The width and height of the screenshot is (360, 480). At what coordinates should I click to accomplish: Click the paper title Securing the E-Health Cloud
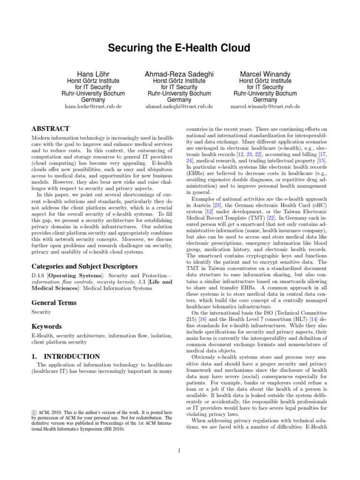coord(180,48)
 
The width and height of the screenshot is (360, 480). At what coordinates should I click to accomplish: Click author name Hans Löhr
coord(94,74)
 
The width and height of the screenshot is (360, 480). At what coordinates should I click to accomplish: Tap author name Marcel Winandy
coord(265,74)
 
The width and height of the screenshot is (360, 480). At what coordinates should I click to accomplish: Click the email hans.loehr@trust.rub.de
coord(93,106)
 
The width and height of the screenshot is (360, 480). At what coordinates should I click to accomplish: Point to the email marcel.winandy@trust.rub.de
coord(265,106)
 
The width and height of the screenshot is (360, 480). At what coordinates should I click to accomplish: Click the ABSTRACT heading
coord(50,128)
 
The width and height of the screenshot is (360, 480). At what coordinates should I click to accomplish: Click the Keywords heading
coord(46,326)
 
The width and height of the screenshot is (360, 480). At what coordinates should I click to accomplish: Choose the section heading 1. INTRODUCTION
coord(65,357)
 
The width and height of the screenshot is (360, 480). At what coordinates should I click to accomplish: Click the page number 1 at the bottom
coord(180,451)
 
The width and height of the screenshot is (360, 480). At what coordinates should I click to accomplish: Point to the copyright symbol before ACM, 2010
coord(33,412)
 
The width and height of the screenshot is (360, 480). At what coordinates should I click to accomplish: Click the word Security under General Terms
coord(41,312)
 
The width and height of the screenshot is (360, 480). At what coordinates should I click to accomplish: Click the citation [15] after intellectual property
coord(322,161)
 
